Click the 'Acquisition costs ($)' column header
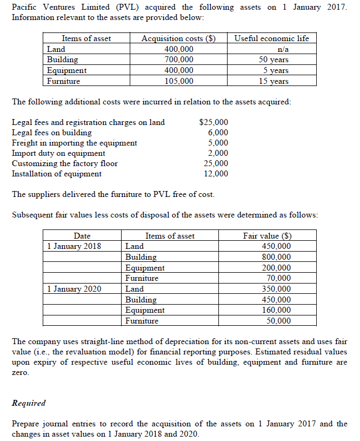click(178, 38)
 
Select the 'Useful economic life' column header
click(271, 38)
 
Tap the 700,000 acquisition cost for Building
click(179, 60)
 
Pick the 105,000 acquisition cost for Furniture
click(179, 81)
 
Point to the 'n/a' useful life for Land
click(272, 49)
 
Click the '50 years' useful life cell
click(272, 60)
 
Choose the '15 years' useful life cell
click(272, 81)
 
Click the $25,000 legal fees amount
click(214, 122)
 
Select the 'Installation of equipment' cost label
click(57, 174)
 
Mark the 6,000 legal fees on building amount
click(218, 133)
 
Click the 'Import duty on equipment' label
click(58, 153)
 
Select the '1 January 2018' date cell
click(74, 246)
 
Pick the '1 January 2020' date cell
click(74, 289)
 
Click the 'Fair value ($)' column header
click(271, 235)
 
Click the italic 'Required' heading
click(29, 403)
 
